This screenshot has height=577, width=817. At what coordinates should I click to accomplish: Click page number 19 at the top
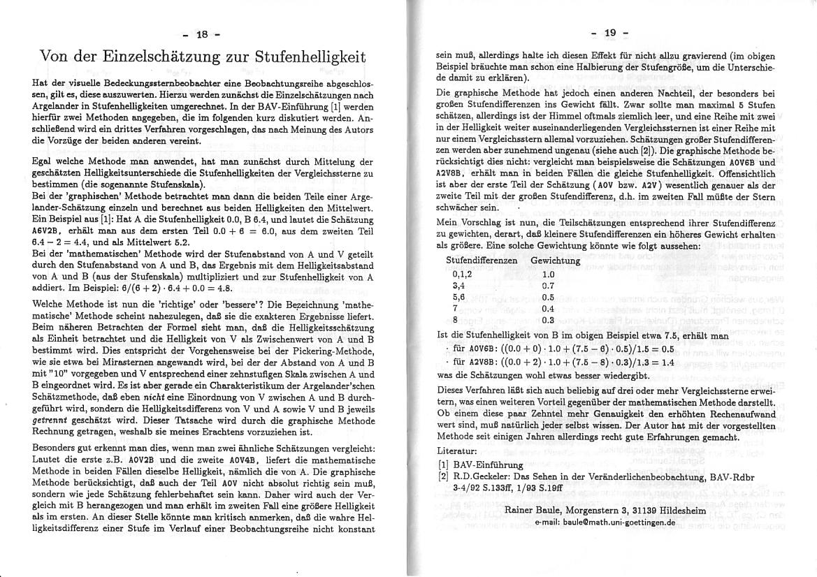(609, 33)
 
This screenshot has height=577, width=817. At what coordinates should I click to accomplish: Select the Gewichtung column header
(556, 261)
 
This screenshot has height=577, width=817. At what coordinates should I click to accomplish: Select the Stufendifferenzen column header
(482, 261)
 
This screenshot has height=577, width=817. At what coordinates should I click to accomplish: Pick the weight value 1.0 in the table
(548, 275)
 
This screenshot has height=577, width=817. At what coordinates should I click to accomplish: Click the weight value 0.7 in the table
(548, 286)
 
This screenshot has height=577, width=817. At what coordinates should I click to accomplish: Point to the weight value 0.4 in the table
(548, 308)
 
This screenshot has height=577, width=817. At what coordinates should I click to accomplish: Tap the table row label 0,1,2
(462, 275)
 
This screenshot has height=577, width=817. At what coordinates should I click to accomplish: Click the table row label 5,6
(458, 297)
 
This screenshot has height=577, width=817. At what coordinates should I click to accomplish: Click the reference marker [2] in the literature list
(442, 476)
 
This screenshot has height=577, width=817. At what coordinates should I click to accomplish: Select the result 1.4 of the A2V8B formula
(667, 363)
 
